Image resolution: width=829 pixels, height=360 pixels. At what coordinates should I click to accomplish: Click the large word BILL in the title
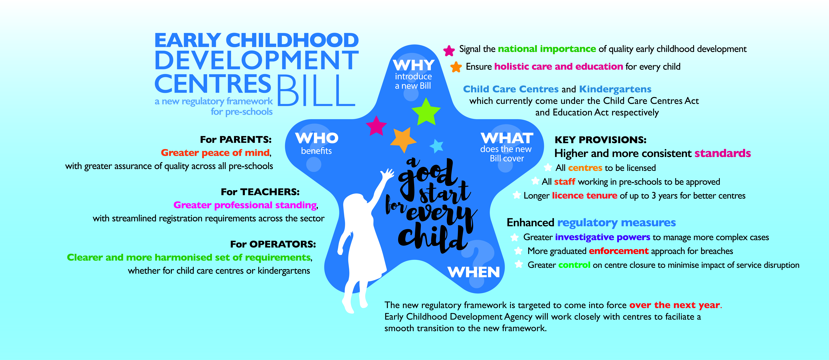pos(316,91)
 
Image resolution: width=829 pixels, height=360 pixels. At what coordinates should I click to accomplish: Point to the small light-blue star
pos(437,146)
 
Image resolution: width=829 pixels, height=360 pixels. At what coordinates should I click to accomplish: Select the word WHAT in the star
pos(507,138)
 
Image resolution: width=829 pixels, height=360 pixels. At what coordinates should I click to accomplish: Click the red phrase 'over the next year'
pos(674,305)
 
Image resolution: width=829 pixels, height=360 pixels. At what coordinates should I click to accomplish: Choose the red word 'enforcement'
pos(619,251)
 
